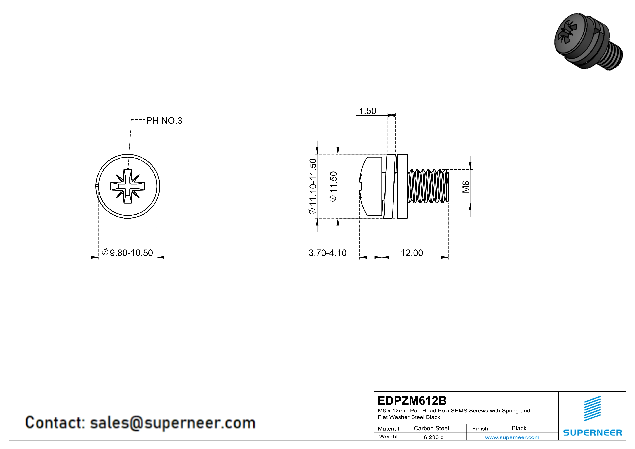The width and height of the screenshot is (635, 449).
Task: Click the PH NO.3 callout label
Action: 164,121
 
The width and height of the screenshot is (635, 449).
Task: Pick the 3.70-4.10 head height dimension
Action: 327,253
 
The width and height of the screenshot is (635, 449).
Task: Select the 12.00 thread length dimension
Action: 412,253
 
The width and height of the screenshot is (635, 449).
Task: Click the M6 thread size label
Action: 466,187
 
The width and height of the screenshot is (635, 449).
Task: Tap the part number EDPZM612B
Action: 412,401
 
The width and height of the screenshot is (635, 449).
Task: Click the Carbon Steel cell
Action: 431,428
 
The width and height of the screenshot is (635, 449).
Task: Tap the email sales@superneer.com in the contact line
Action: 173,423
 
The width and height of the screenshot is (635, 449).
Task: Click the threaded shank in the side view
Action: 428,186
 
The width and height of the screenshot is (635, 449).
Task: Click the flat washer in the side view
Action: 402,186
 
